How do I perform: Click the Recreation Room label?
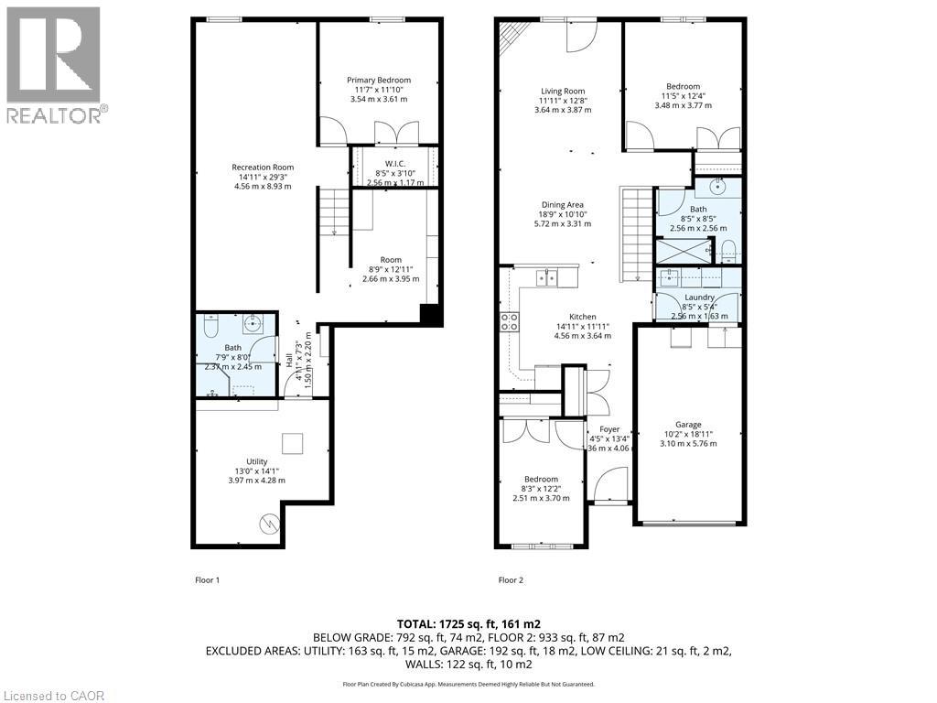[x=262, y=168]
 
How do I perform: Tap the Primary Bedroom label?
[x=378, y=81]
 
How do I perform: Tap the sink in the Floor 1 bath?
[x=253, y=323]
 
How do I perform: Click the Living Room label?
[x=562, y=91]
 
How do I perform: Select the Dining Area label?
[x=562, y=205]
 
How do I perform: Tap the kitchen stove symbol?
[x=510, y=321]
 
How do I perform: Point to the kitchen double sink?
[x=547, y=277]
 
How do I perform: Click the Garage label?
[x=688, y=425]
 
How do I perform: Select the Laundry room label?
[x=699, y=297]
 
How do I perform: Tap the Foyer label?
[x=609, y=429]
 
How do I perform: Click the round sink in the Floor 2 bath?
[x=719, y=188]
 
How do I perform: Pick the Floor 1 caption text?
[x=207, y=580]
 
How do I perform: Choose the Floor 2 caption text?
[x=511, y=580]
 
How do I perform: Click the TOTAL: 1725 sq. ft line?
[x=468, y=623]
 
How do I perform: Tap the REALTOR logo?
[x=56, y=64]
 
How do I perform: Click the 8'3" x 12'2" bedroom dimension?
[x=541, y=489]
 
